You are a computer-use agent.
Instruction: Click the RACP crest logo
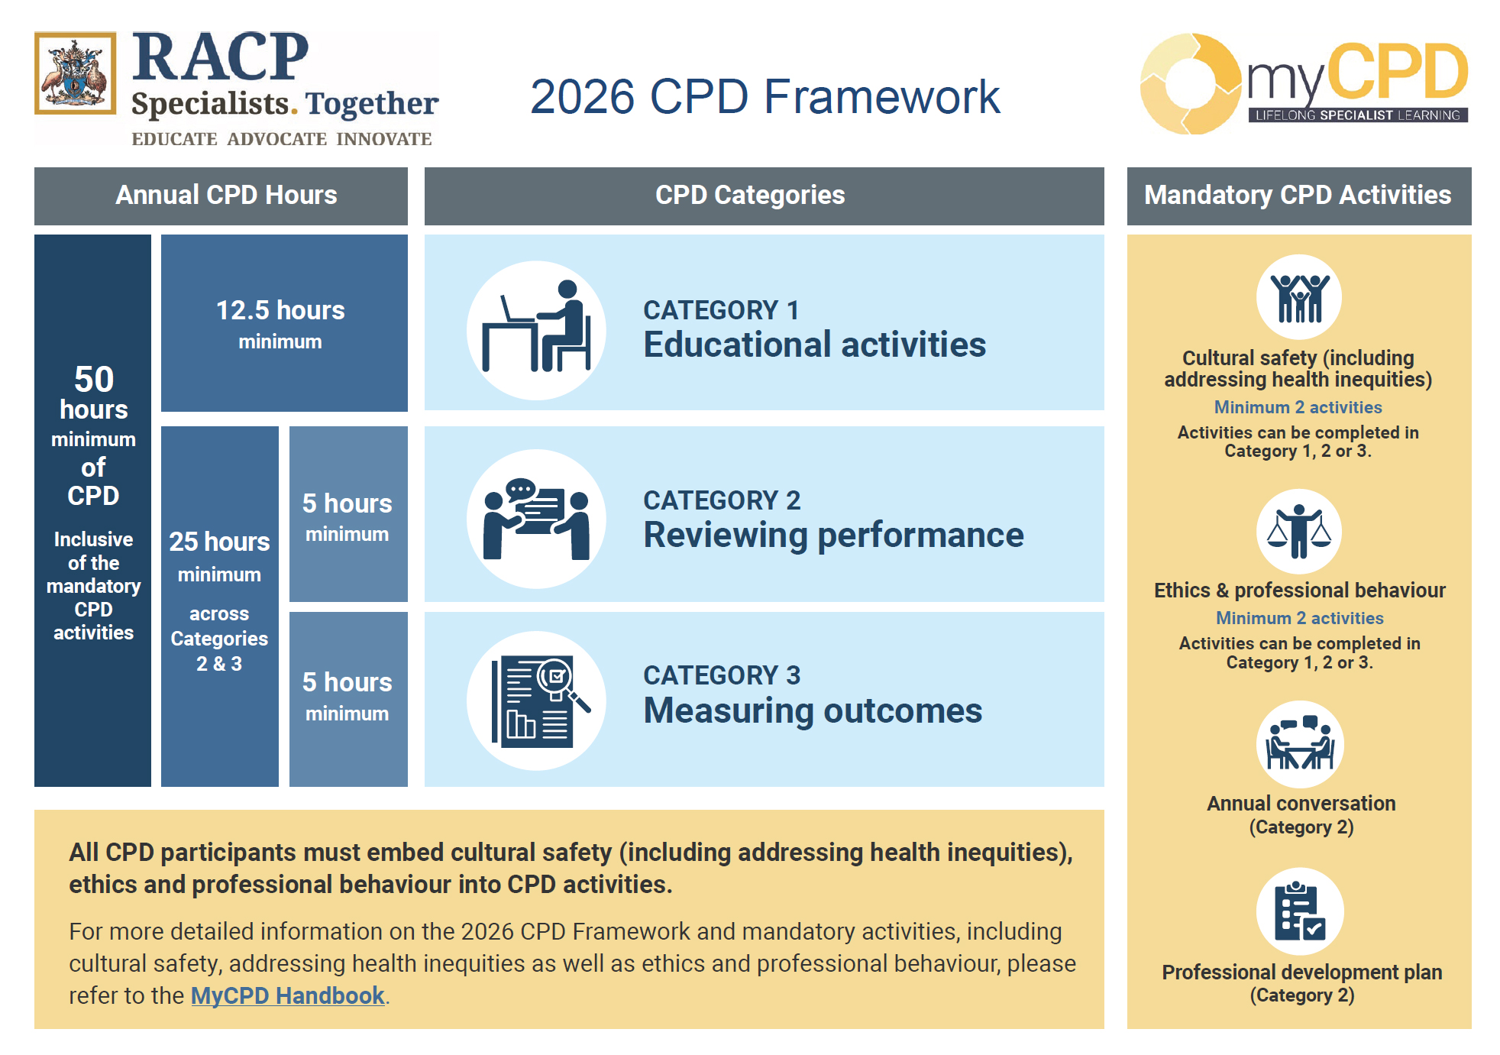(75, 73)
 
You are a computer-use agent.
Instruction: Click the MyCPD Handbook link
(287, 995)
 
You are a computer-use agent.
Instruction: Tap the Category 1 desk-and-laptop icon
(536, 330)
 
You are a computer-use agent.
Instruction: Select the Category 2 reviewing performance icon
(536, 519)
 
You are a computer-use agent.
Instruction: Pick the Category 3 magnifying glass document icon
(536, 701)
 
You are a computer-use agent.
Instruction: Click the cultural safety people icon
(1298, 296)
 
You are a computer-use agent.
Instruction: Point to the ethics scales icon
(1298, 531)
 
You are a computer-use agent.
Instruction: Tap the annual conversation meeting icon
(1299, 744)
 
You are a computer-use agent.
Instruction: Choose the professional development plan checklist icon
(1299, 911)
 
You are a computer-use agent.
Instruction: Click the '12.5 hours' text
(280, 310)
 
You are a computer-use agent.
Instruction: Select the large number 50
(93, 379)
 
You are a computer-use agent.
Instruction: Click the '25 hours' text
(219, 542)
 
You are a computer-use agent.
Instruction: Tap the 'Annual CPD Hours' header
(226, 196)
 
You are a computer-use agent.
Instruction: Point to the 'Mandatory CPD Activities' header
(1298, 196)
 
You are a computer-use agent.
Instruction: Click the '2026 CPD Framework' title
(765, 97)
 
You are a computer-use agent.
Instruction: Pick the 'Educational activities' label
(814, 345)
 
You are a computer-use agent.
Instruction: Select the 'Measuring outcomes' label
(813, 710)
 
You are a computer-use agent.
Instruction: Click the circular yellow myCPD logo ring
(1189, 84)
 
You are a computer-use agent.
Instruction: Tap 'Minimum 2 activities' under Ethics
(1299, 618)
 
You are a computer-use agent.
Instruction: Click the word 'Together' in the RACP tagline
(372, 104)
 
